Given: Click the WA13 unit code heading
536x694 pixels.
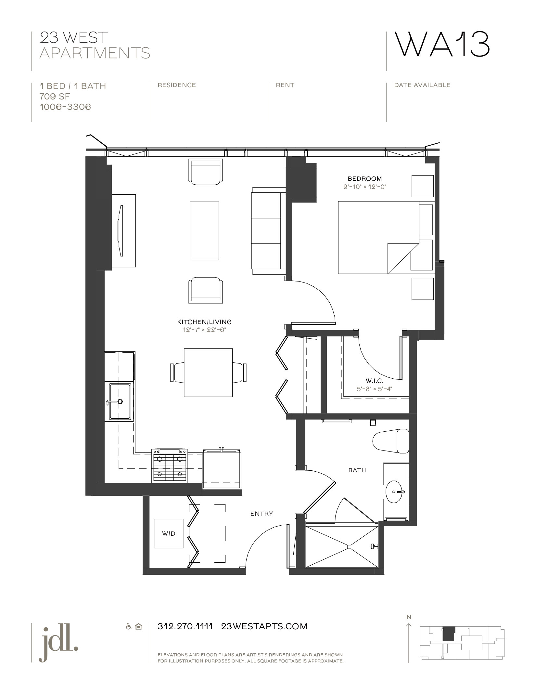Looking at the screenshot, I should click(x=442, y=45).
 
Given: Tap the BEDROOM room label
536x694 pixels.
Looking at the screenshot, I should click(x=364, y=178).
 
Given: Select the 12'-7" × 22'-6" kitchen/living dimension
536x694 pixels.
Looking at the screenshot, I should click(x=204, y=330).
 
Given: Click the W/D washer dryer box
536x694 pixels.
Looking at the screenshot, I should click(x=169, y=533).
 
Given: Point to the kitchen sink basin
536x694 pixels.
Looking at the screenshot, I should click(x=120, y=401).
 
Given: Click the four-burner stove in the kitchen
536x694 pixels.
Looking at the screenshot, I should click(x=170, y=465).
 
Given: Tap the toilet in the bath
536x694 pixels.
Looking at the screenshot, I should click(x=391, y=441).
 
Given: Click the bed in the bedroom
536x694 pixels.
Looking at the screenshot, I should click(x=378, y=237).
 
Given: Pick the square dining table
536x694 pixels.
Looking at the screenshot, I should click(x=208, y=373).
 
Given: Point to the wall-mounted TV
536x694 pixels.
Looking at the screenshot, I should click(x=121, y=231).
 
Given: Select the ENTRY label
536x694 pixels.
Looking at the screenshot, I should click(x=262, y=514).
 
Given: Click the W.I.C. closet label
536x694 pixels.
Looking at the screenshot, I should click(x=374, y=381).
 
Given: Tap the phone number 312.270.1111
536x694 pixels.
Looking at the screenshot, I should click(x=185, y=626).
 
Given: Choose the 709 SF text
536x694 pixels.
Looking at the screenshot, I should click(x=55, y=97).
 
